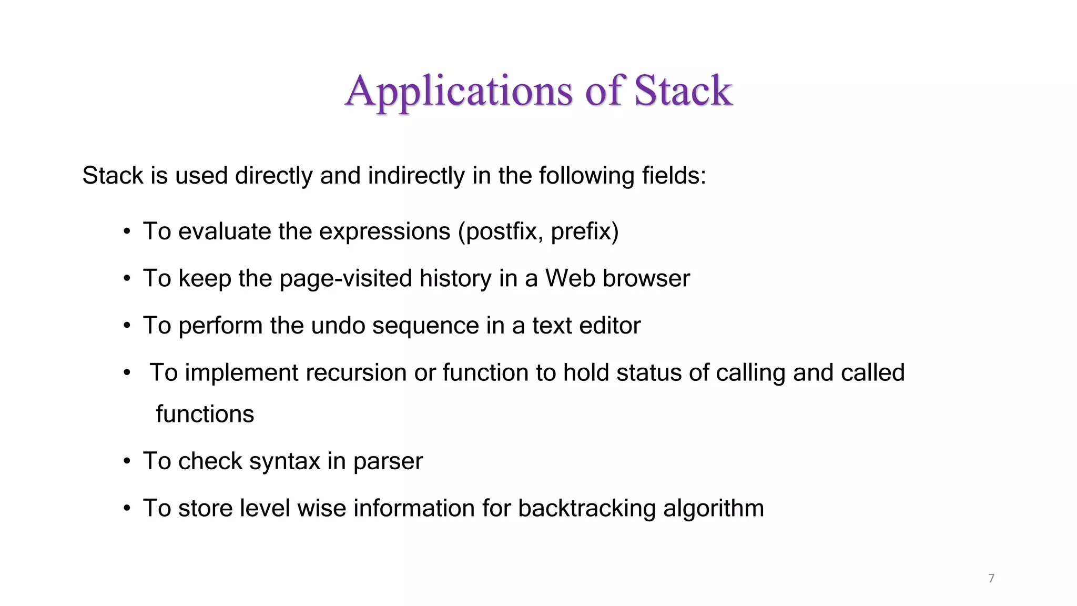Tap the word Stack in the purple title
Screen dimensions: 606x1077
(683, 90)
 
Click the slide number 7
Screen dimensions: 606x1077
(991, 579)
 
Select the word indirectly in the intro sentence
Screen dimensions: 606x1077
(416, 176)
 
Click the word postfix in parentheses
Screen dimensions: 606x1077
(500, 232)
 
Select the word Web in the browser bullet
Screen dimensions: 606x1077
(570, 278)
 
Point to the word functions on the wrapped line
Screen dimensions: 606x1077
(205, 414)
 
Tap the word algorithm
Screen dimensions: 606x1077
(713, 509)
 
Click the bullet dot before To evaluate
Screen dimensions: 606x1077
(127, 231)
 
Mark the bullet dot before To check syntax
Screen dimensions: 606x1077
(127, 461)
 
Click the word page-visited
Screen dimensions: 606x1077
(346, 279)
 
